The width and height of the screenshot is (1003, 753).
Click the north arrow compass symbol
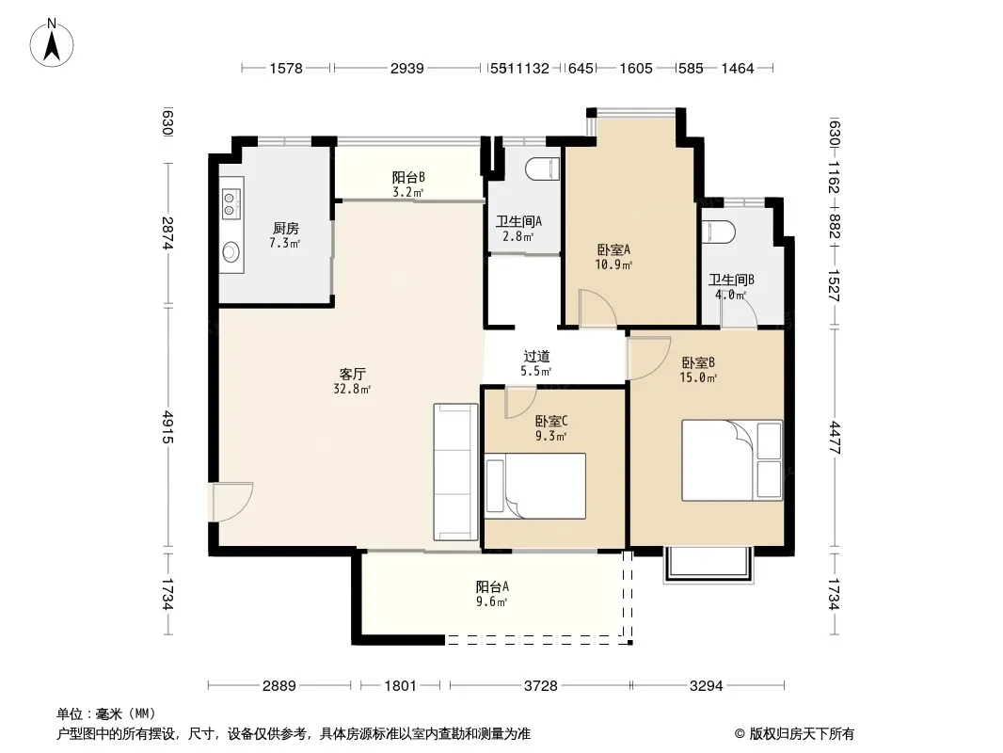tap(52, 43)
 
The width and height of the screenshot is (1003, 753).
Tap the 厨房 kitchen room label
tap(285, 229)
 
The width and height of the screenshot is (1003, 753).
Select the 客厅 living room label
tap(353, 374)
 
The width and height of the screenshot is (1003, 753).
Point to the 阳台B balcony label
tap(408, 177)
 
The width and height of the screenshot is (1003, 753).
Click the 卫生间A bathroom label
tap(518, 221)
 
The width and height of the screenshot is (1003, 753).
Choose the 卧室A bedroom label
tap(614, 249)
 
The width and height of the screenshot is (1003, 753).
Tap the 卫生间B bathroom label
tap(731, 280)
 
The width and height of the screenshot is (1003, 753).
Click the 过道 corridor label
tap(536, 357)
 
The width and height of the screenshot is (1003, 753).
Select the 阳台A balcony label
tap(492, 586)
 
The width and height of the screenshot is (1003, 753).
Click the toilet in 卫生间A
tap(543, 169)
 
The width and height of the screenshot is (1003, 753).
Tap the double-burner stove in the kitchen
tap(231, 203)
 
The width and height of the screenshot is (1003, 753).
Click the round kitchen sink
tap(231, 252)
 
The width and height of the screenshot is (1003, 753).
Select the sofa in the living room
tap(455, 473)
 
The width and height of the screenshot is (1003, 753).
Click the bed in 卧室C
tap(535, 487)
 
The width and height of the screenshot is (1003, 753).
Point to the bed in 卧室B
tap(732, 460)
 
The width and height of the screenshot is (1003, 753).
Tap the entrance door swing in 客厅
tap(231, 503)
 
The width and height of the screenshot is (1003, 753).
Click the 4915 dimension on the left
tap(167, 427)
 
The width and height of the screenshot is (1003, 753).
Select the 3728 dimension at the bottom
tap(540, 686)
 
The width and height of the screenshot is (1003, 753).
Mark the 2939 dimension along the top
tap(406, 68)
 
